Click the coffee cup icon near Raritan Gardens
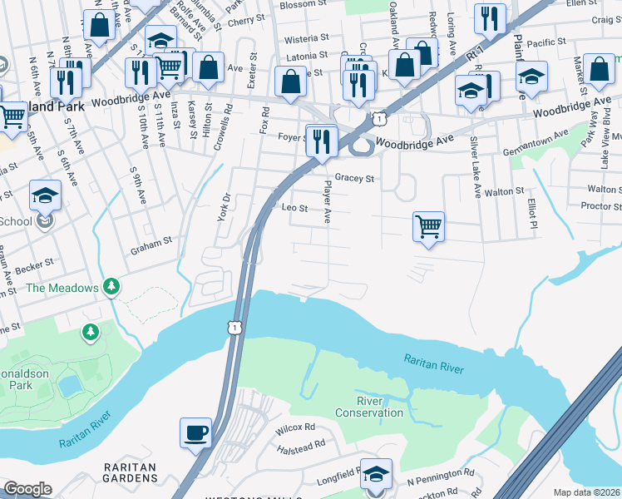(x=195, y=433)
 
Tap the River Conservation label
(x=369, y=407)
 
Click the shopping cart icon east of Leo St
(x=428, y=225)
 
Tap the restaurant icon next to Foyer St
(x=320, y=140)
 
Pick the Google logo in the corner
(x=27, y=490)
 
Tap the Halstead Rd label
(x=302, y=447)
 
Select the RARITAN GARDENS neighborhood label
(x=131, y=473)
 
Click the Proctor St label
(x=600, y=205)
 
